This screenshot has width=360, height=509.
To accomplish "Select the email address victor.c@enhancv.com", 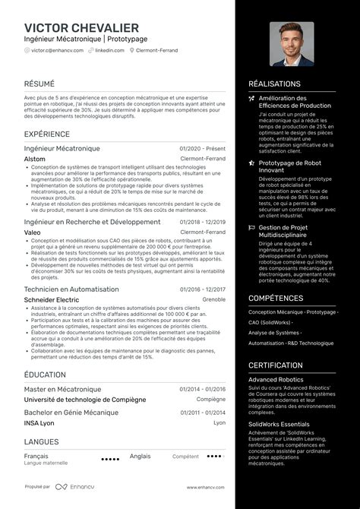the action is (x=57, y=50).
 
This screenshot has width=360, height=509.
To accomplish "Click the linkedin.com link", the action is (x=109, y=50).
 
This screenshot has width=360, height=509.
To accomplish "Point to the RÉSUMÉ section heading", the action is (x=39, y=84).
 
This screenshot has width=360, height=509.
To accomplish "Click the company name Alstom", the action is (x=35, y=159).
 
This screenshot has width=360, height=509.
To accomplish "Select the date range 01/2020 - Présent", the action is (x=203, y=149).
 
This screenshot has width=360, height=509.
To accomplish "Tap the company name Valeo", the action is (x=33, y=232).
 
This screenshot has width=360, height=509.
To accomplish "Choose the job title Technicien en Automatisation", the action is (x=71, y=289).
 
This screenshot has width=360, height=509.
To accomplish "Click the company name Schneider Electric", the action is (x=52, y=299).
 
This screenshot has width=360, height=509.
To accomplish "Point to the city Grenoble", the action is (x=214, y=299).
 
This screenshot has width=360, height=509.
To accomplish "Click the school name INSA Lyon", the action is (x=39, y=422).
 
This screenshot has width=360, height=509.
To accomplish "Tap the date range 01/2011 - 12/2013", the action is (x=203, y=413).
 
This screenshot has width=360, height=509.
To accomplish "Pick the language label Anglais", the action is (x=140, y=456).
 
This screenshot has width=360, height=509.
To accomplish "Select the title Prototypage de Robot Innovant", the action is (x=291, y=166).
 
